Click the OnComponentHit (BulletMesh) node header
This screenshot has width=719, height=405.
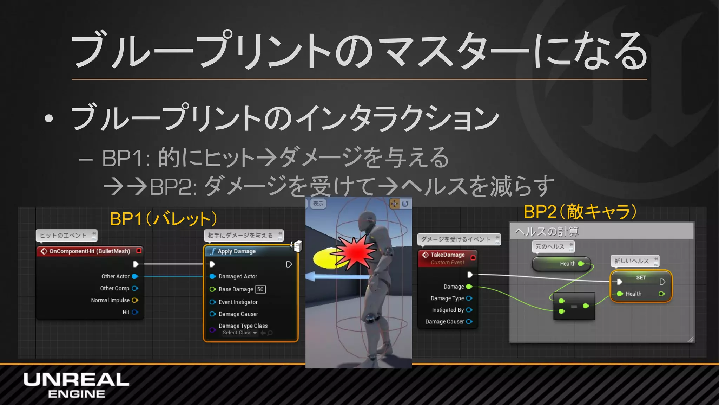coord(90,251)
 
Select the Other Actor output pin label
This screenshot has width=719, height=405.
coord(115,276)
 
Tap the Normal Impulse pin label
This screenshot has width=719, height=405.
coord(110,300)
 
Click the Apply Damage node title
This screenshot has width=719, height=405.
coord(236,251)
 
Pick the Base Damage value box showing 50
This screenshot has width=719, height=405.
coord(260,289)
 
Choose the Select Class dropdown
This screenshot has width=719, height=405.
coord(239,333)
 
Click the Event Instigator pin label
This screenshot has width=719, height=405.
coord(238,302)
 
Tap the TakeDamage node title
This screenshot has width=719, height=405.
coord(447,255)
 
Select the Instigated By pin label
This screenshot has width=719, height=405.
coord(448,310)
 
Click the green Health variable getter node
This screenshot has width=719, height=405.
coord(561,264)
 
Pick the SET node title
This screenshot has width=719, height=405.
coord(641,277)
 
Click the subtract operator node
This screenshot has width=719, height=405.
coord(574,306)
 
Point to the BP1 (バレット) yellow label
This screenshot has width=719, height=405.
coord(163,219)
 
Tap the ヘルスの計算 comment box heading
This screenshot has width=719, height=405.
coord(547,231)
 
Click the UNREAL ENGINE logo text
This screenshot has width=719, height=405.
coord(76,385)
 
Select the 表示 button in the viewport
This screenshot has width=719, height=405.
coord(318,204)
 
